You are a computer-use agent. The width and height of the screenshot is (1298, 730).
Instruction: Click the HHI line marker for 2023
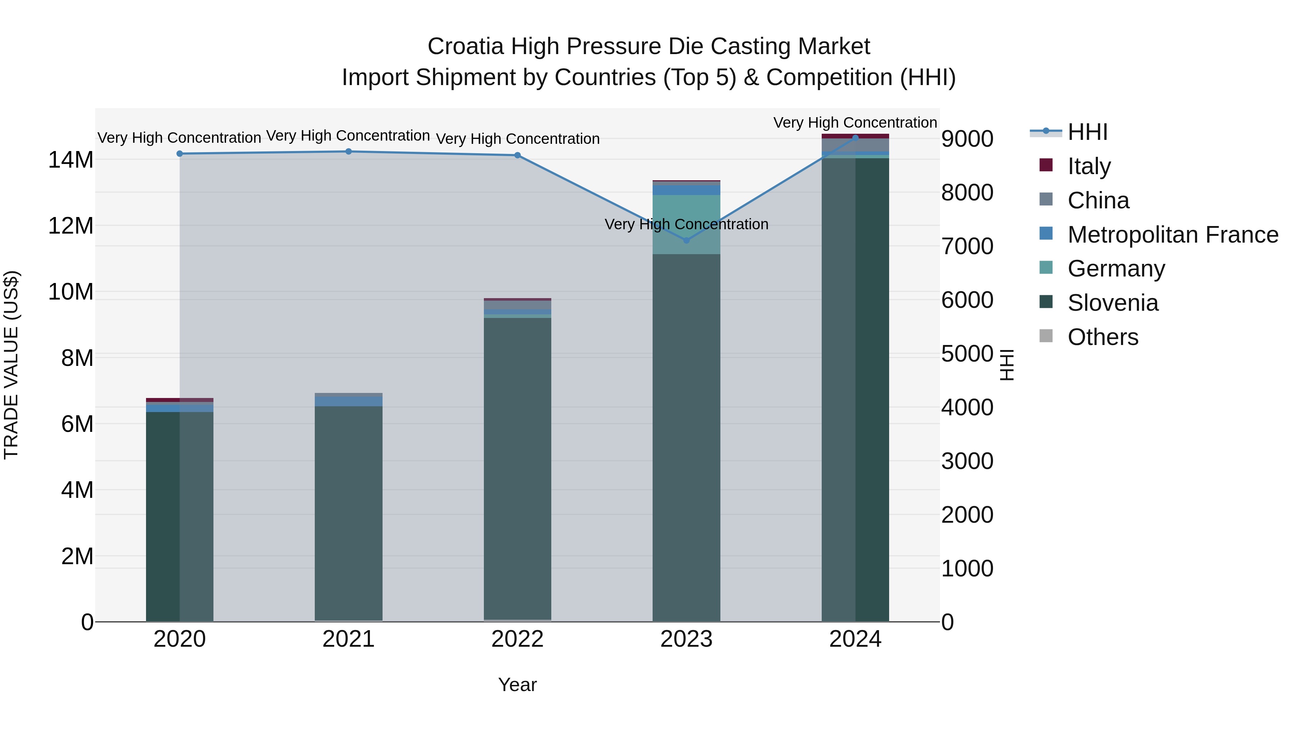[x=686, y=240]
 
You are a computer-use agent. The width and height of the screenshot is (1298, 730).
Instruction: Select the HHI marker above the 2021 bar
[x=348, y=151]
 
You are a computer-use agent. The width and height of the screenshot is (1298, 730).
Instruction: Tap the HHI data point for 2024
[x=855, y=138]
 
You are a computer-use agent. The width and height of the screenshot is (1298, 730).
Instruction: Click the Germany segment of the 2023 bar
[x=686, y=224]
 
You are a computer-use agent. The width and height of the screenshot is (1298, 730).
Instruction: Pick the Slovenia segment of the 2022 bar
[x=517, y=469]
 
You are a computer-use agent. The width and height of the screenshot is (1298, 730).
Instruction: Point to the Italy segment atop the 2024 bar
[x=855, y=136]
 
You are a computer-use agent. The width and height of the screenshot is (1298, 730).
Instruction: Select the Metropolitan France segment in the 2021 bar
[x=348, y=401]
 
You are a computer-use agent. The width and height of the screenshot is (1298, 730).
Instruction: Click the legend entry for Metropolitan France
[x=1173, y=235]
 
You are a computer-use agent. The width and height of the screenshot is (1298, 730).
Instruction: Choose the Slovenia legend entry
[x=1113, y=303]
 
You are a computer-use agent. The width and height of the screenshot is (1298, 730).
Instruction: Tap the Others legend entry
[x=1103, y=337]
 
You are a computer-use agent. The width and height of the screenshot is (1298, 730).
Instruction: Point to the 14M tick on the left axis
[x=71, y=160]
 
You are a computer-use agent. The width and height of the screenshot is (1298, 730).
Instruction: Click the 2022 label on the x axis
[x=517, y=639]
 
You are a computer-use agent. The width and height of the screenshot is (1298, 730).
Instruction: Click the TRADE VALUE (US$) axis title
[x=11, y=365]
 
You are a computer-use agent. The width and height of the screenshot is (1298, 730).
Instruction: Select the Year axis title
[x=517, y=685]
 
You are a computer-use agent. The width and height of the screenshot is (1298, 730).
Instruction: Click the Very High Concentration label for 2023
[x=686, y=224]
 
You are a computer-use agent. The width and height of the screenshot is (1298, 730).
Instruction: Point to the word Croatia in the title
[x=465, y=47]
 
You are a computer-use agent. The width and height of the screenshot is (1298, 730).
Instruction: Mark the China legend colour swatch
[x=1046, y=199]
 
